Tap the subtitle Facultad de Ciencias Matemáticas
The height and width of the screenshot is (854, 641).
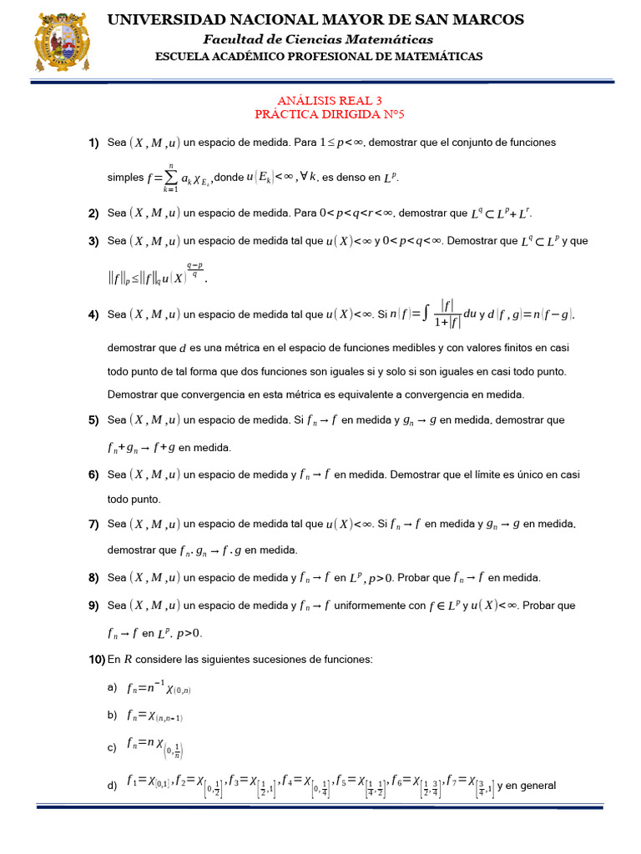pyautogui.click(x=320, y=39)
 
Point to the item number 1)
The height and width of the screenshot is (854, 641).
pyautogui.click(x=94, y=143)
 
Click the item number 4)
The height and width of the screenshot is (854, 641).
pyautogui.click(x=94, y=314)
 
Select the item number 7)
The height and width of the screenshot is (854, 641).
pyautogui.click(x=94, y=524)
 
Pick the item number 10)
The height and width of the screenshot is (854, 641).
pyautogui.click(x=96, y=660)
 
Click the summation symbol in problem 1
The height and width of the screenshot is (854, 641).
pyautogui.click(x=171, y=176)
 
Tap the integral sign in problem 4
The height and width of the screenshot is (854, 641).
pyautogui.click(x=427, y=314)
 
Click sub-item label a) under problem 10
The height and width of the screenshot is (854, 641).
pyautogui.click(x=112, y=687)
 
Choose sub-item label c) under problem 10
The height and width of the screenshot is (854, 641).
pyautogui.click(x=112, y=748)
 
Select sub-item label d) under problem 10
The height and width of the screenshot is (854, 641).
pyautogui.click(x=112, y=786)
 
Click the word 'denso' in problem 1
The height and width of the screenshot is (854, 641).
pyautogui.click(x=351, y=178)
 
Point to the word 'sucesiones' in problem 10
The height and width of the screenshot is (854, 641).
pyautogui.click(x=253, y=660)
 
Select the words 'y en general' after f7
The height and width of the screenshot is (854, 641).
pyautogui.click(x=527, y=786)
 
